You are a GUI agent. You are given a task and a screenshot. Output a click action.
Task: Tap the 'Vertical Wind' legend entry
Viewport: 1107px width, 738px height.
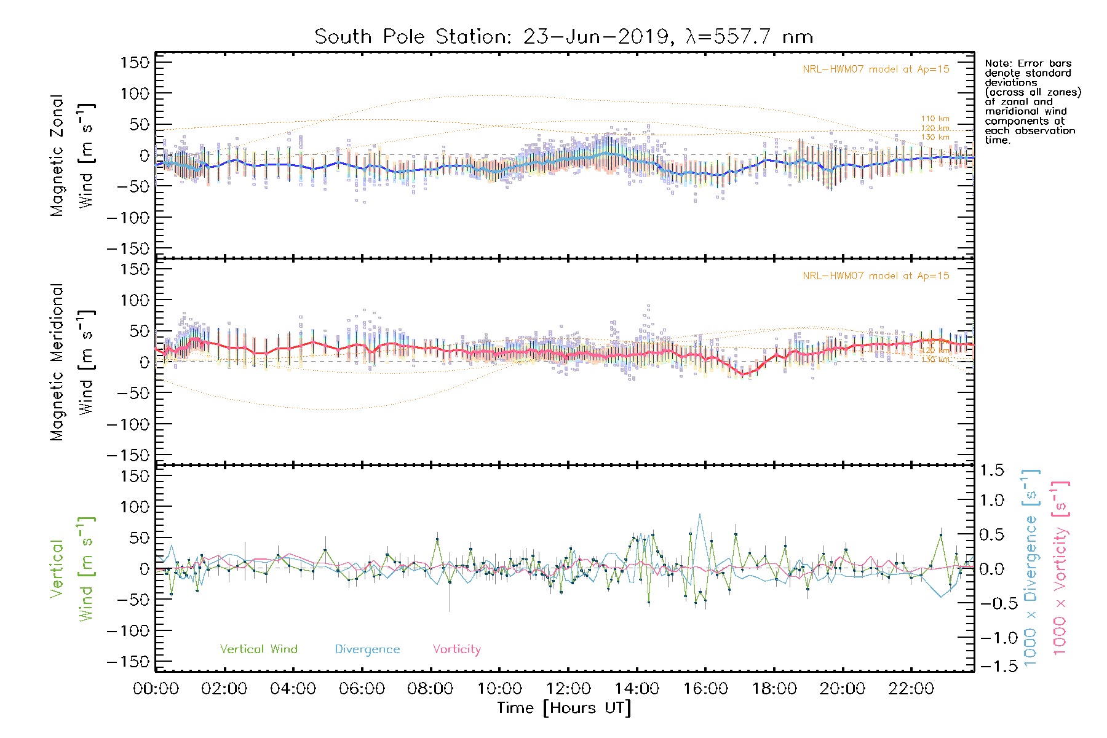(x=258, y=649)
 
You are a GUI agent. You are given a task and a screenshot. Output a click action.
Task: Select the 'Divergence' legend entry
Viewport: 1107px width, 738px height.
(x=367, y=649)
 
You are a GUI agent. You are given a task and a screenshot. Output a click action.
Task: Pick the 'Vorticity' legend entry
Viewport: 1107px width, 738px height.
(x=456, y=649)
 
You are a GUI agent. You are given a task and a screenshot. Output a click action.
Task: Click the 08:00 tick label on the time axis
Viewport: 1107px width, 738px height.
(x=430, y=689)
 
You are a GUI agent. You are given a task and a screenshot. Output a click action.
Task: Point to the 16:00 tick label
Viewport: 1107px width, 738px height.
(x=705, y=689)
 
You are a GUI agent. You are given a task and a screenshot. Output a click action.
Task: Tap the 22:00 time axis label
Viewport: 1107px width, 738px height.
(x=911, y=689)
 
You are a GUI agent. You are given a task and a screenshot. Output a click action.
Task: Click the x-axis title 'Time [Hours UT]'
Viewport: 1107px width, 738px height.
(x=564, y=708)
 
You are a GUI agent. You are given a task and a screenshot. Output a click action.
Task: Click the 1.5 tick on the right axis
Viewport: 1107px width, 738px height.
(x=991, y=470)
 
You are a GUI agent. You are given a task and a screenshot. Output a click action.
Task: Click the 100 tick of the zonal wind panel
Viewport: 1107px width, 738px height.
(x=135, y=93)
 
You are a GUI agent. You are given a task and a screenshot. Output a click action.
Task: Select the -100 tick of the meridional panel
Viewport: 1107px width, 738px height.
(x=128, y=424)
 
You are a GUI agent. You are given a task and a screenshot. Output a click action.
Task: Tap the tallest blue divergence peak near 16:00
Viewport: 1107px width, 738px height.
(x=699, y=515)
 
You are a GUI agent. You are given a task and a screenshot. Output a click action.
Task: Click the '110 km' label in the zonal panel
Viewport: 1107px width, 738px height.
(x=935, y=119)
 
